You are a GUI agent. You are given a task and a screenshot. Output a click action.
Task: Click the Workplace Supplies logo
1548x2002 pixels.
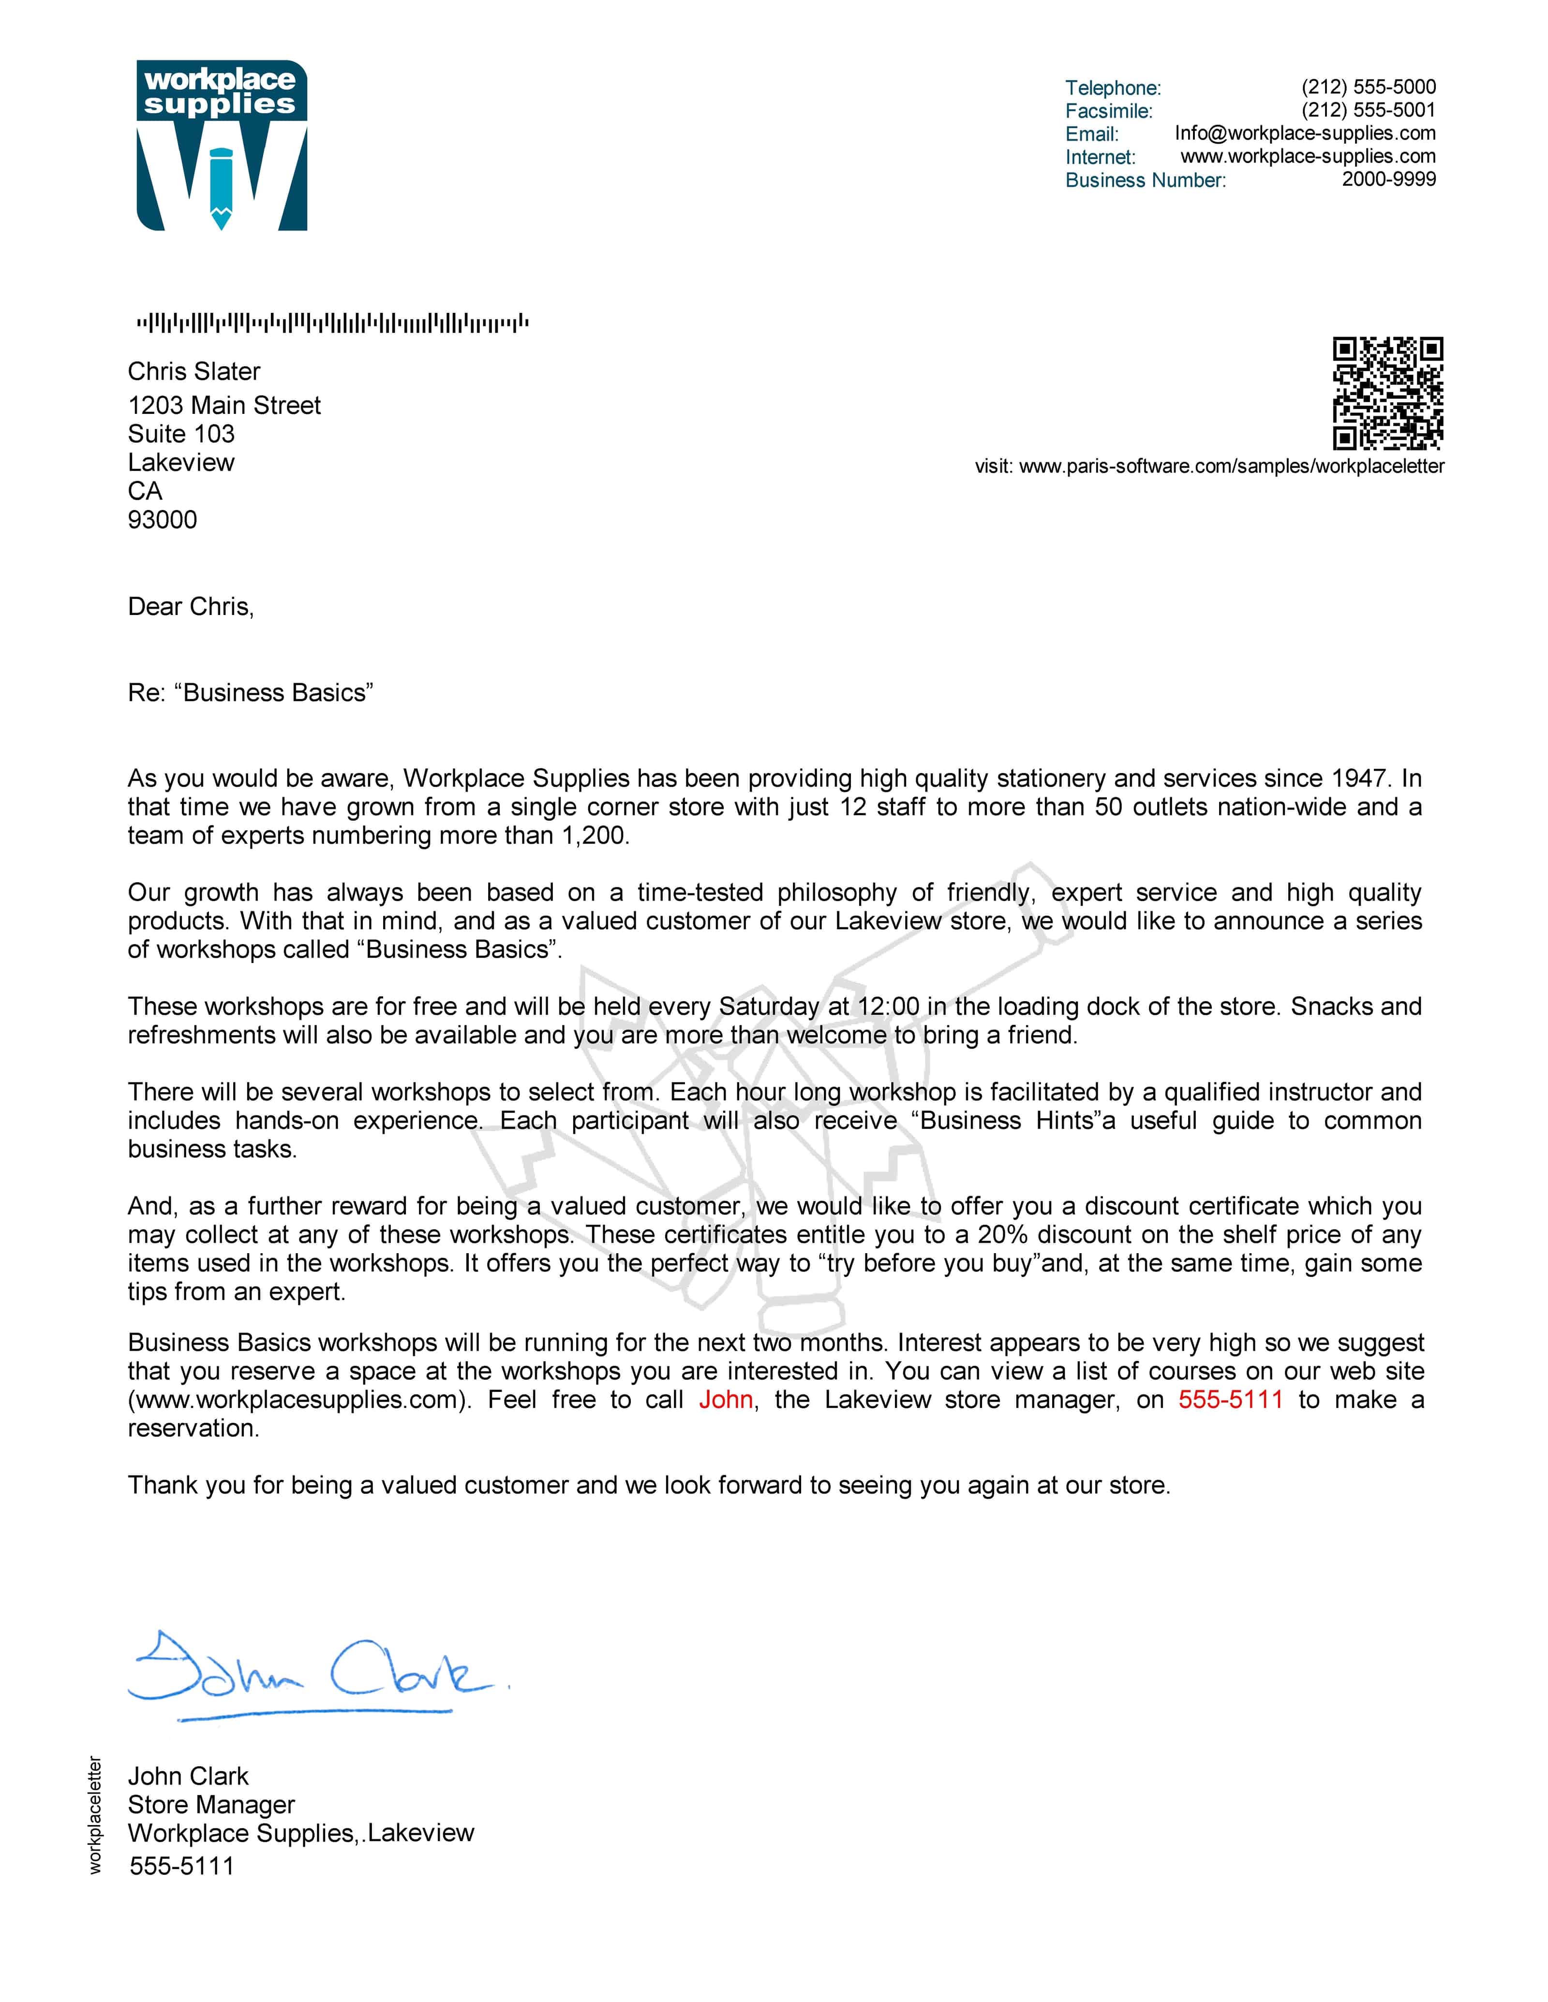click(222, 146)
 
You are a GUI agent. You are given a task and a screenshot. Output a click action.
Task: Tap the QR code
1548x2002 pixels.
click(1387, 393)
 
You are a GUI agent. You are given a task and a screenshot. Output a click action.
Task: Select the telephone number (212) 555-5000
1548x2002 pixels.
click(1368, 87)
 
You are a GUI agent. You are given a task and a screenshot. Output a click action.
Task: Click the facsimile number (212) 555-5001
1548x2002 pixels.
click(1368, 110)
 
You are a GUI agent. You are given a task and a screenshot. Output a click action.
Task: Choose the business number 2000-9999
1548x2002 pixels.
click(1388, 180)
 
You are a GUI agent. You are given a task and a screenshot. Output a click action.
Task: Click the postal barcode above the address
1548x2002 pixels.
click(332, 322)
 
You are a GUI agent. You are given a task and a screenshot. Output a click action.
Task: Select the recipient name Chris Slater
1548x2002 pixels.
click(193, 371)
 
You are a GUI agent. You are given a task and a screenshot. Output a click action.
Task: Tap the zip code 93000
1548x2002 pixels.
click(163, 520)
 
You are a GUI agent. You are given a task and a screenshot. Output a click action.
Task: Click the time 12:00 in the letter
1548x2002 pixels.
click(888, 1007)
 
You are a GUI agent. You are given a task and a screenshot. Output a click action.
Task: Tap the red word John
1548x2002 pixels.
click(726, 1400)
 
